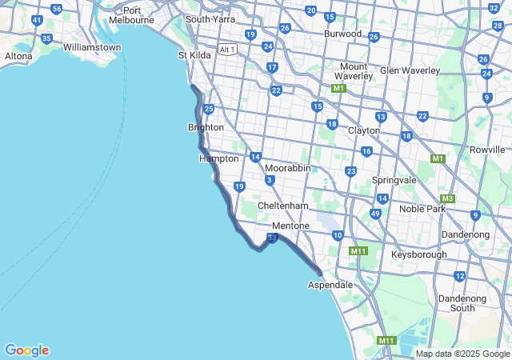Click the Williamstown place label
pos(92,47)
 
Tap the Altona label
pos(18,56)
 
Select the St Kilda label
pos(194,55)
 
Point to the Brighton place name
pos(206,127)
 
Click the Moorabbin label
pos(287,168)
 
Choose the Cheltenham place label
pos(282,206)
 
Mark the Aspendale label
pos(330,285)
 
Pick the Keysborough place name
pos(419,254)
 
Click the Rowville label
pos(487,150)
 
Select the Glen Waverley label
pos(410,70)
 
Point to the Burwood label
pos(342,34)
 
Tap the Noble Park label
pos(422,209)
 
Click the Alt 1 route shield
pos(227,50)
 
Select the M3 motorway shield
pos(447,198)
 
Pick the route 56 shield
pos(56,9)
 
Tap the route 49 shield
pos(375,214)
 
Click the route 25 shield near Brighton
pos(209,109)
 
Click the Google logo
pos(26,350)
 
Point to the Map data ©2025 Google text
pos(462,354)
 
